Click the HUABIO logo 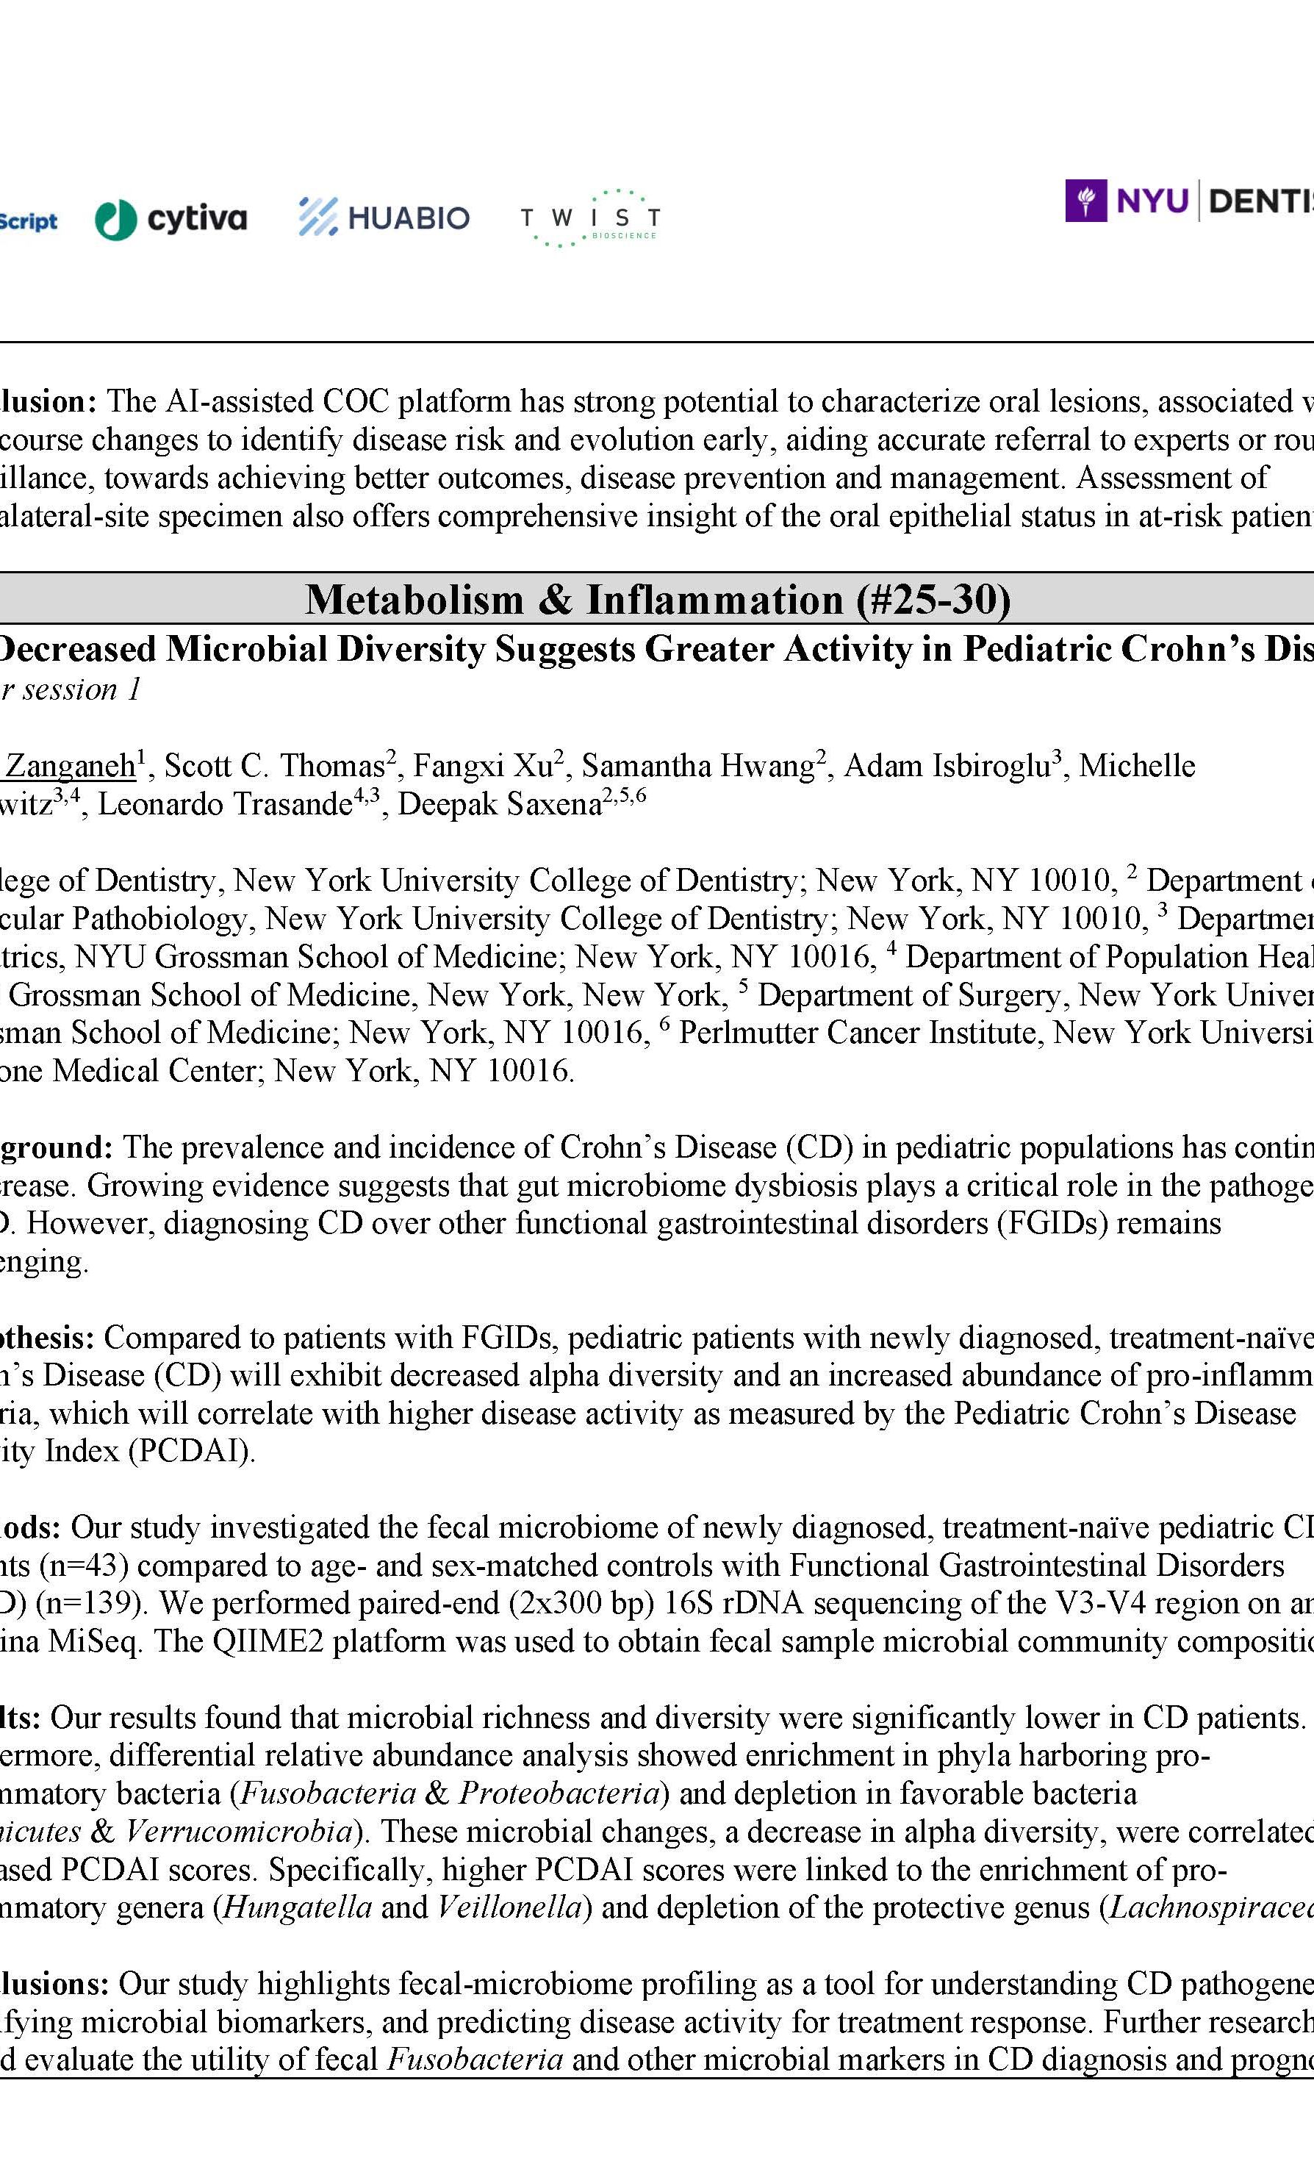384,217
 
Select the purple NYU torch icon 1085,201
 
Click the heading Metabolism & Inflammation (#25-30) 657,600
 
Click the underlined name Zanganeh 71,765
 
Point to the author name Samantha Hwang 697,765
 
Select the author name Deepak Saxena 500,804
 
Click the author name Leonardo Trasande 225,804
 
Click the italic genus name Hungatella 298,1907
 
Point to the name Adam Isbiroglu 947,765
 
